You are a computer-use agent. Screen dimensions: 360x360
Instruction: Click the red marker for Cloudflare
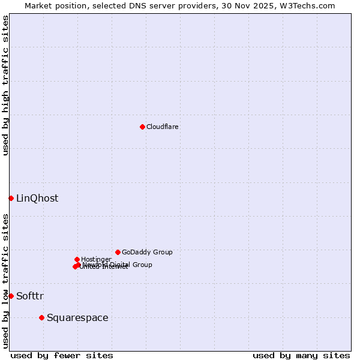[142, 127]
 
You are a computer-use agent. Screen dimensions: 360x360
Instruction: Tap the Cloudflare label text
[163, 127]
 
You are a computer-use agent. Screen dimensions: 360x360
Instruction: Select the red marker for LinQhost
[11, 198]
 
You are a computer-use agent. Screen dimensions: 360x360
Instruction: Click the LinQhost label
[37, 199]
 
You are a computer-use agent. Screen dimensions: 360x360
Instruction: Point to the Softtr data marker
[11, 296]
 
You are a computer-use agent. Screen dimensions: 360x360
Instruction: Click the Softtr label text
[30, 296]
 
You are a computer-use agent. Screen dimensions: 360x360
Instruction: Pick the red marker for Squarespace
[41, 317]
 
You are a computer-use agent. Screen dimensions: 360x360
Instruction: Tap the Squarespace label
[77, 318]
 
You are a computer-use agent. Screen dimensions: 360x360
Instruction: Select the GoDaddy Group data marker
[118, 252]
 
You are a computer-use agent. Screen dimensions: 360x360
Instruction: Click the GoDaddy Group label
[147, 253]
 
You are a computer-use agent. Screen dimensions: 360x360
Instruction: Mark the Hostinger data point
[77, 259]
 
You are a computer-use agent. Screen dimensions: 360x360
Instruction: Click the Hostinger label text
[96, 259]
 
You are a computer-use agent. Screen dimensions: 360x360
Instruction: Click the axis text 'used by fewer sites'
[62, 355]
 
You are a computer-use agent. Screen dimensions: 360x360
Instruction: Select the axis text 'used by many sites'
[301, 355]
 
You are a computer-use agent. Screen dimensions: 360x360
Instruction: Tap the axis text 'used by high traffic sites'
[6, 85]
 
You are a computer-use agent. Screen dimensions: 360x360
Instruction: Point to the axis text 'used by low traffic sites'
[6, 281]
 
